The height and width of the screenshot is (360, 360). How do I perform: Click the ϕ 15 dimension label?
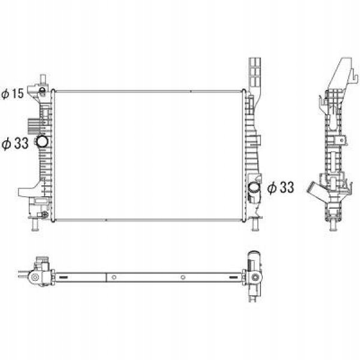point(13,94)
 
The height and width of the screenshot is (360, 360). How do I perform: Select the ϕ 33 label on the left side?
point(15,143)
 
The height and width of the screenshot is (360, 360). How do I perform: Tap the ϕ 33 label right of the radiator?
point(281,188)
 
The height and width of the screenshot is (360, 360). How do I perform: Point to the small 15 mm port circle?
point(42,90)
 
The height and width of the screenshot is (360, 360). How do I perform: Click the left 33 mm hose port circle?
point(42,142)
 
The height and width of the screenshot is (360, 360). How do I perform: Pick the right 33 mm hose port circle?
point(254,188)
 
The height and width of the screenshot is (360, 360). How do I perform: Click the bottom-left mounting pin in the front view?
point(35,224)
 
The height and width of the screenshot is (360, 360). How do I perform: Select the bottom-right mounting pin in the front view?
point(255,224)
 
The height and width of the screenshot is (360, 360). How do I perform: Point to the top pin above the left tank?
point(43,80)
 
